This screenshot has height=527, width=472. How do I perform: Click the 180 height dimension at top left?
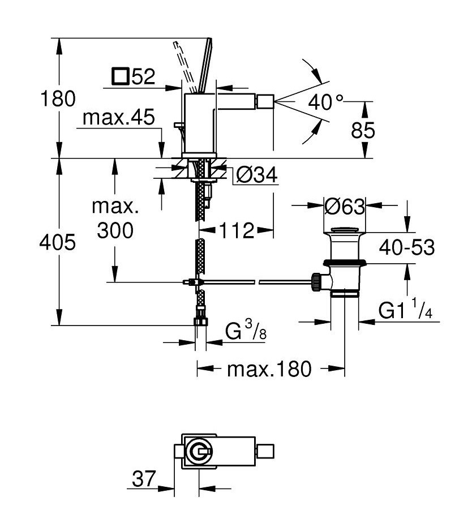(58, 98)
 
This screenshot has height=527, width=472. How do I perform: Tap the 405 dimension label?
(58, 242)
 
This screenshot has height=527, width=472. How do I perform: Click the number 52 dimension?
(143, 76)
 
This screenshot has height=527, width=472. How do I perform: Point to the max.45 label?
(119, 117)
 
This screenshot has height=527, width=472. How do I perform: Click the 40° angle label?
(326, 102)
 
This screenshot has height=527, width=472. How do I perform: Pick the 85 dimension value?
(363, 130)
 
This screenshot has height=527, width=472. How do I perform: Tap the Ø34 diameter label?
(257, 174)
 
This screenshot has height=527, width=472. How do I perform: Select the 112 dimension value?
(237, 230)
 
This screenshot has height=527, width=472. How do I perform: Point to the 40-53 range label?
(407, 247)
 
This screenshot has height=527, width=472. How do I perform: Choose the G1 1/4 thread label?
(405, 309)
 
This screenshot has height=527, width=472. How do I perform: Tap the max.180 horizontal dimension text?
(269, 369)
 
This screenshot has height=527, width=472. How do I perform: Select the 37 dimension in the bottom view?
(144, 478)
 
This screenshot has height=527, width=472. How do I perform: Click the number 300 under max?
(115, 230)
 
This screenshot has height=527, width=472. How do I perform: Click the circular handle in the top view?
(200, 452)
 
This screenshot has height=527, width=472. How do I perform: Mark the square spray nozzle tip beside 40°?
(266, 101)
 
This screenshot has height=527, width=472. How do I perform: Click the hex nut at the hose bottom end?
(201, 320)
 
